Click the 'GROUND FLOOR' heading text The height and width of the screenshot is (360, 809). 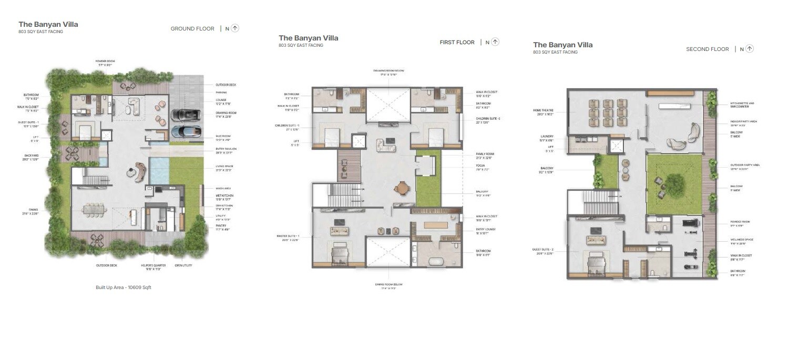(x=192, y=29)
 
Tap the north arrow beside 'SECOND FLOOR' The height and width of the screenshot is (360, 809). (x=750, y=49)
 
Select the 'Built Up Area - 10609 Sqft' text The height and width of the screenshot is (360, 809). (x=123, y=287)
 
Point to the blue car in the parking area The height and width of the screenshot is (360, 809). (x=186, y=132)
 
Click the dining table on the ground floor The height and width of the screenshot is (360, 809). (x=94, y=210)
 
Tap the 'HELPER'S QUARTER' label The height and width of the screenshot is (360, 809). (x=154, y=265)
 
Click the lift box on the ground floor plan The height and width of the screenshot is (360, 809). (x=107, y=135)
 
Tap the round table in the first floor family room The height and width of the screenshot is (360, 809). (x=402, y=187)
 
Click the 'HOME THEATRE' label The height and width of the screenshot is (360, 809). (x=544, y=111)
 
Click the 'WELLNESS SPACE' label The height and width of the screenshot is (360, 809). (x=742, y=240)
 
